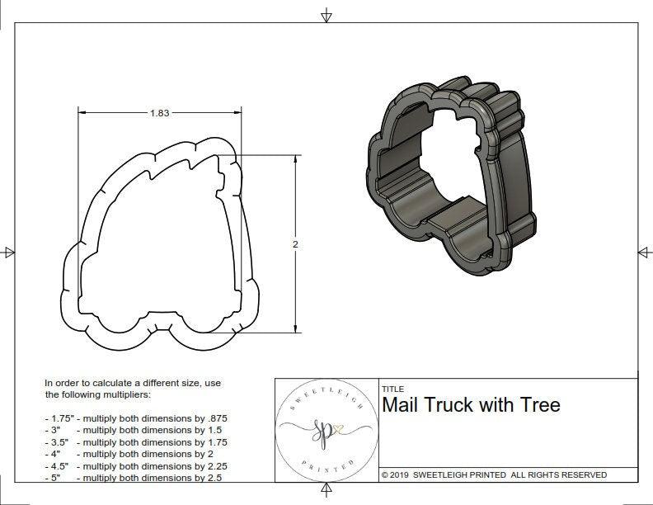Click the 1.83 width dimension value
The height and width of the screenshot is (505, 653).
(x=159, y=114)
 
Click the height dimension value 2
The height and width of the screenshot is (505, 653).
(x=295, y=244)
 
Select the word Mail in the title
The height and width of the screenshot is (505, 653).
(x=402, y=405)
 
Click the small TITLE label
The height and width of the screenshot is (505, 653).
(x=392, y=389)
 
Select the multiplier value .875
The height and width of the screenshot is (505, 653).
(x=218, y=418)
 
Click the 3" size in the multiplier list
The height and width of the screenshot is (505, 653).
(x=54, y=430)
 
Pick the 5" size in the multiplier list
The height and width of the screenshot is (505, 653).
(x=54, y=477)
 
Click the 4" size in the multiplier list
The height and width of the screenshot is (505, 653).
(x=54, y=454)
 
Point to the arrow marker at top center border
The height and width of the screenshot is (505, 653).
(x=326, y=15)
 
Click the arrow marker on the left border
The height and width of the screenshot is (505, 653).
(x=9, y=252)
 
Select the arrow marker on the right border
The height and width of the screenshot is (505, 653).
(x=643, y=252)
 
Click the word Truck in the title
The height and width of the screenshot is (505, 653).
(x=451, y=405)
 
